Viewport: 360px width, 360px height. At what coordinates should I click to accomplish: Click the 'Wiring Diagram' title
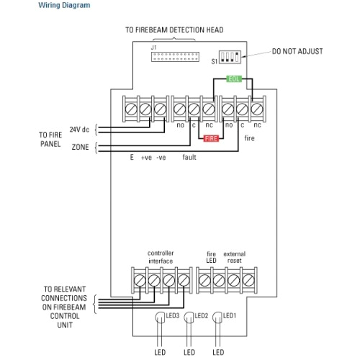click(64, 5)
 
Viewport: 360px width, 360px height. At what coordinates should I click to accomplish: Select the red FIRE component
click(211, 138)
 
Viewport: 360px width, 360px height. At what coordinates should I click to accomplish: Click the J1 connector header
click(174, 55)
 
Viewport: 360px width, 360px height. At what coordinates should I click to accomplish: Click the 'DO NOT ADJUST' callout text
click(297, 52)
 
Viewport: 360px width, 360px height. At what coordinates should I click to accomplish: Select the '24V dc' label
click(79, 129)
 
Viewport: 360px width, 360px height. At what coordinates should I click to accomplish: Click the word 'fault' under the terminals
click(189, 157)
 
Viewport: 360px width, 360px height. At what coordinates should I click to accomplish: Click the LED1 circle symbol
click(217, 317)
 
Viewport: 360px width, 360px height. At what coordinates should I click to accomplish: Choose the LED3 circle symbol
click(161, 317)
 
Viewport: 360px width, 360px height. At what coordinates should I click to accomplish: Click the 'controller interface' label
click(161, 257)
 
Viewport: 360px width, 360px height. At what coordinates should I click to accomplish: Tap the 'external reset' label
click(235, 257)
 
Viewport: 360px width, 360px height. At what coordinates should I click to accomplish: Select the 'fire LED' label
click(211, 257)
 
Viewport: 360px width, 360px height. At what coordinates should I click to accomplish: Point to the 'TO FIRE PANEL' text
click(50, 139)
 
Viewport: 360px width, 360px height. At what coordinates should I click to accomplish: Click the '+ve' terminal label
click(147, 157)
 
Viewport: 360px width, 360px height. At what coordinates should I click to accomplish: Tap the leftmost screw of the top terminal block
click(131, 108)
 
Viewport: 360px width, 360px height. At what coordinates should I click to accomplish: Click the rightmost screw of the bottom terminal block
click(248, 279)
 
